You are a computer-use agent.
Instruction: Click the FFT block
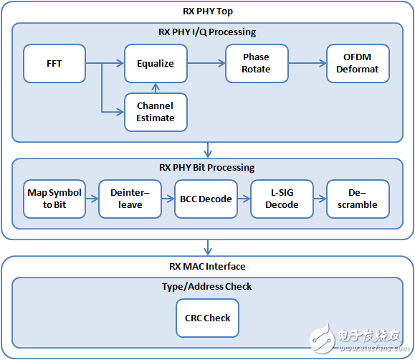pyautogui.click(x=54, y=63)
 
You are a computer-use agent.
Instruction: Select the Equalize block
pyautogui.click(x=156, y=63)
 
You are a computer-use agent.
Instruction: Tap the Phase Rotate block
pyautogui.click(x=256, y=63)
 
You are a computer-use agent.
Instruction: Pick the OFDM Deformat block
pyautogui.click(x=358, y=63)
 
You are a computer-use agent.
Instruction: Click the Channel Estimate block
pyautogui.click(x=156, y=112)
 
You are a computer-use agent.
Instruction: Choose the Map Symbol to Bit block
pyautogui.click(x=54, y=199)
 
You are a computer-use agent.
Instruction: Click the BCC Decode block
pyautogui.click(x=206, y=199)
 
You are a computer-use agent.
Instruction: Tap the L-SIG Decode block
pyautogui.click(x=282, y=199)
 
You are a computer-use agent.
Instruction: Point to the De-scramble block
pyautogui.click(x=358, y=199)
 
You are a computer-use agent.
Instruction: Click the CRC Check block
pyautogui.click(x=207, y=318)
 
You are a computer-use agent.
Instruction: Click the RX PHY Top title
pyautogui.click(x=207, y=11)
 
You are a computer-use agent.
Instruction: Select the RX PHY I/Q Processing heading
pyautogui.click(x=207, y=32)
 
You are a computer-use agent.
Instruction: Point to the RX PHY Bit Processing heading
pyautogui.click(x=207, y=167)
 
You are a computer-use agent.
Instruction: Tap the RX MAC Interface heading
pyautogui.click(x=207, y=267)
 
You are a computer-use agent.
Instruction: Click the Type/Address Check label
pyautogui.click(x=207, y=286)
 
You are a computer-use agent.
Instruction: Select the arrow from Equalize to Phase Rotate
pyautogui.click(x=206, y=63)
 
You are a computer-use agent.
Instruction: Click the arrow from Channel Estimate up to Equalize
pyautogui.click(x=156, y=87)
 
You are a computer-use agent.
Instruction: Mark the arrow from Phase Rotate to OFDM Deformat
pyautogui.click(x=307, y=63)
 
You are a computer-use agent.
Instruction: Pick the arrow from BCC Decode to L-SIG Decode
pyautogui.click(x=244, y=199)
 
